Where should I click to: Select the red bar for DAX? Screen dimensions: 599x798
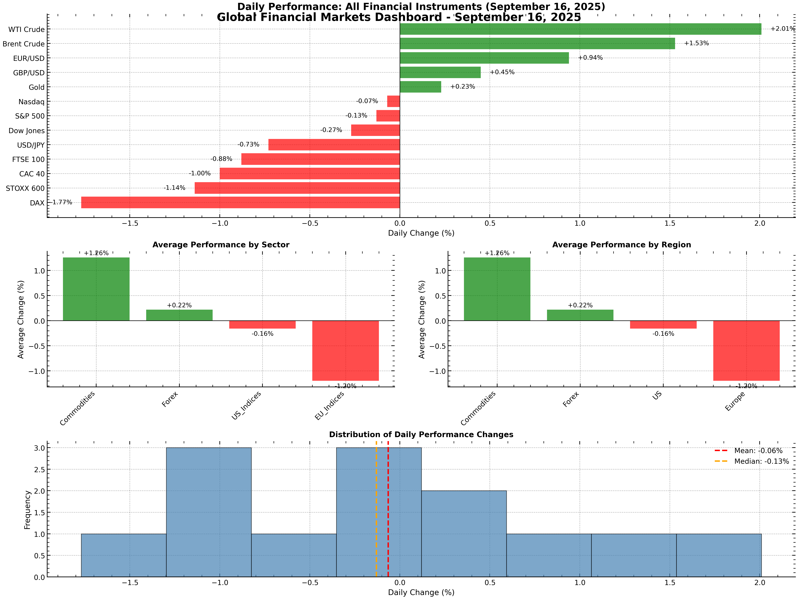pyautogui.click(x=240, y=203)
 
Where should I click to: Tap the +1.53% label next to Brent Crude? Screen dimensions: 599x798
pyautogui.click(x=696, y=43)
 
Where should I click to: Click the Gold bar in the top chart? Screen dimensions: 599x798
pyautogui.click(x=420, y=87)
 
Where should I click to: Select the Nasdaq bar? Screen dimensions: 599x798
pyautogui.click(x=393, y=101)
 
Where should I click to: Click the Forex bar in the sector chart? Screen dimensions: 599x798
pyautogui.click(x=179, y=315)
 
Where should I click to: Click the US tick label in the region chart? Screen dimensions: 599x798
pyautogui.click(x=657, y=396)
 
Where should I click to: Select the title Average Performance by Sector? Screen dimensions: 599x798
pyautogui.click(x=221, y=245)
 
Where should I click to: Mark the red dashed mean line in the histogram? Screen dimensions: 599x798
pyautogui.click(x=388, y=513)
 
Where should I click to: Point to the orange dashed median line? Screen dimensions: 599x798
pyautogui.click(x=376, y=513)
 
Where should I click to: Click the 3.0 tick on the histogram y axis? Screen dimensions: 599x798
pyautogui.click(x=40, y=448)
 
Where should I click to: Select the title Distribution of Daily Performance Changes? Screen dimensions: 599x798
pyautogui.click(x=421, y=435)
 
